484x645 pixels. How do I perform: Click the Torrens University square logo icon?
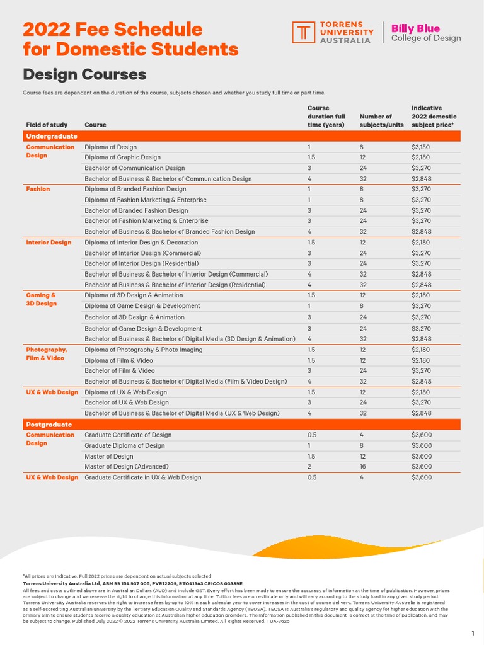tap(303, 32)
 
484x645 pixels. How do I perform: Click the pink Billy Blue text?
tap(415, 28)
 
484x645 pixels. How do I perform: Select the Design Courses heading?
tap(84, 75)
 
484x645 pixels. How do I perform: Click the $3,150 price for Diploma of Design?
tap(420, 147)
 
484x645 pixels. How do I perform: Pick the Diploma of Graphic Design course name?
tap(122, 157)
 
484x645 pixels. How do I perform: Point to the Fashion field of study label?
tap(38, 189)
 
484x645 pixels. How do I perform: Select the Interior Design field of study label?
tap(49, 243)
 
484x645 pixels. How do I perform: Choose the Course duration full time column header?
tap(326, 117)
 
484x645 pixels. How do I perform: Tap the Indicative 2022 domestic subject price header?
tap(434, 117)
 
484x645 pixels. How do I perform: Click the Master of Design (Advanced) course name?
tap(126, 467)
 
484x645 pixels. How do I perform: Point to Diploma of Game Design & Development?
tap(142, 306)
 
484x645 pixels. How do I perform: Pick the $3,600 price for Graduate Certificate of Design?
tap(421, 435)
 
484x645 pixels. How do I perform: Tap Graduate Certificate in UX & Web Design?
tap(143, 477)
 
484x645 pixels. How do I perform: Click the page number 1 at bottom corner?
tap(472, 633)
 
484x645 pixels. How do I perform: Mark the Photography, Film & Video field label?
tap(46, 354)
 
